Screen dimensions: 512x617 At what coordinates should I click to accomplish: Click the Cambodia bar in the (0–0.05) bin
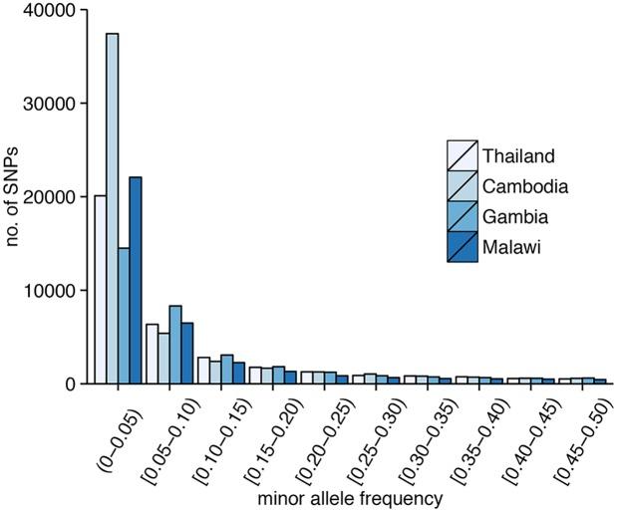point(112,209)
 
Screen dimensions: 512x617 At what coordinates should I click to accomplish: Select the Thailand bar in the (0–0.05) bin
point(100,289)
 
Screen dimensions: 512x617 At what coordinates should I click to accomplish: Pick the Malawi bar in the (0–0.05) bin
point(136,280)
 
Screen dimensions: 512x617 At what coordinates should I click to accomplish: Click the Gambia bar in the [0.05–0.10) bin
point(175,345)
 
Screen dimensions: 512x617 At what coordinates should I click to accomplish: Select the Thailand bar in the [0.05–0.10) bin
point(152,354)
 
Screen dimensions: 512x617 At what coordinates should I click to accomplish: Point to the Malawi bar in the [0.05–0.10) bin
point(187,353)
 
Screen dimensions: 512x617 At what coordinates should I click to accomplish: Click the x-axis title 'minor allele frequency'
point(345,496)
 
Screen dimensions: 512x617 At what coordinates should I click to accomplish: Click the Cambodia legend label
point(525,185)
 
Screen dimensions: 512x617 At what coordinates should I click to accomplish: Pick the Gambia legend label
point(516,214)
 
